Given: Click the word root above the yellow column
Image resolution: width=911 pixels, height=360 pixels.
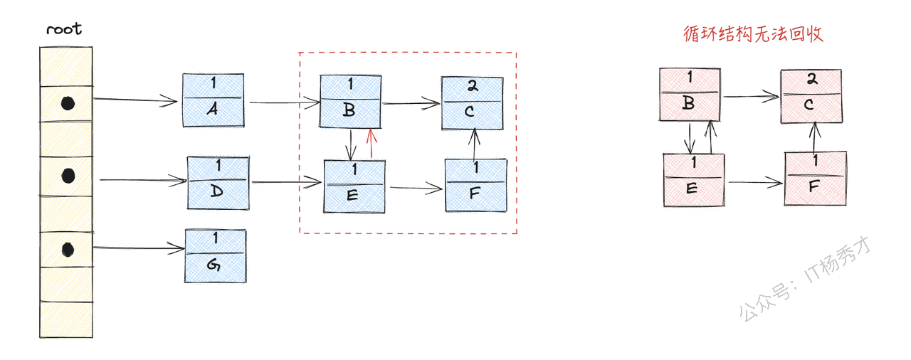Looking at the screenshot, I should click(64, 29).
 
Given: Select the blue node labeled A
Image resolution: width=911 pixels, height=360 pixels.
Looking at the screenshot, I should click(213, 100).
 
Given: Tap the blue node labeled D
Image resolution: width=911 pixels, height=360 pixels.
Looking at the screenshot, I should click(218, 183).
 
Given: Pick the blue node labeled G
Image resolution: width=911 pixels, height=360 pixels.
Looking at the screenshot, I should click(216, 255).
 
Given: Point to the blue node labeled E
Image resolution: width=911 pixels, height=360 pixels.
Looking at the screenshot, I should click(354, 186).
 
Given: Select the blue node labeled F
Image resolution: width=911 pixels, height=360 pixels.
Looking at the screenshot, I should click(476, 185).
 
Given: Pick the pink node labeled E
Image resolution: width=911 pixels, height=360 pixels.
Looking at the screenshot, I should click(694, 180).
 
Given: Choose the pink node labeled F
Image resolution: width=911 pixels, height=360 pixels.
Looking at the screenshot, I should click(816, 178).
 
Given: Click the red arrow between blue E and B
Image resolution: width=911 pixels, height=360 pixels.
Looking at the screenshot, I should click(370, 144).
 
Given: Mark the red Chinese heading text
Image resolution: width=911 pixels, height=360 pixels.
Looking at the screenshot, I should click(752, 33).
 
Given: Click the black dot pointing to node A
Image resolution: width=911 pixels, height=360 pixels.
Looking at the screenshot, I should click(67, 104).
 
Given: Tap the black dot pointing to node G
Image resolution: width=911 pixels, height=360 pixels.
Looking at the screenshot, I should click(68, 249).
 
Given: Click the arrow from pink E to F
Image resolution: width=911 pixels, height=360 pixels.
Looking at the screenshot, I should click(754, 183).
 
